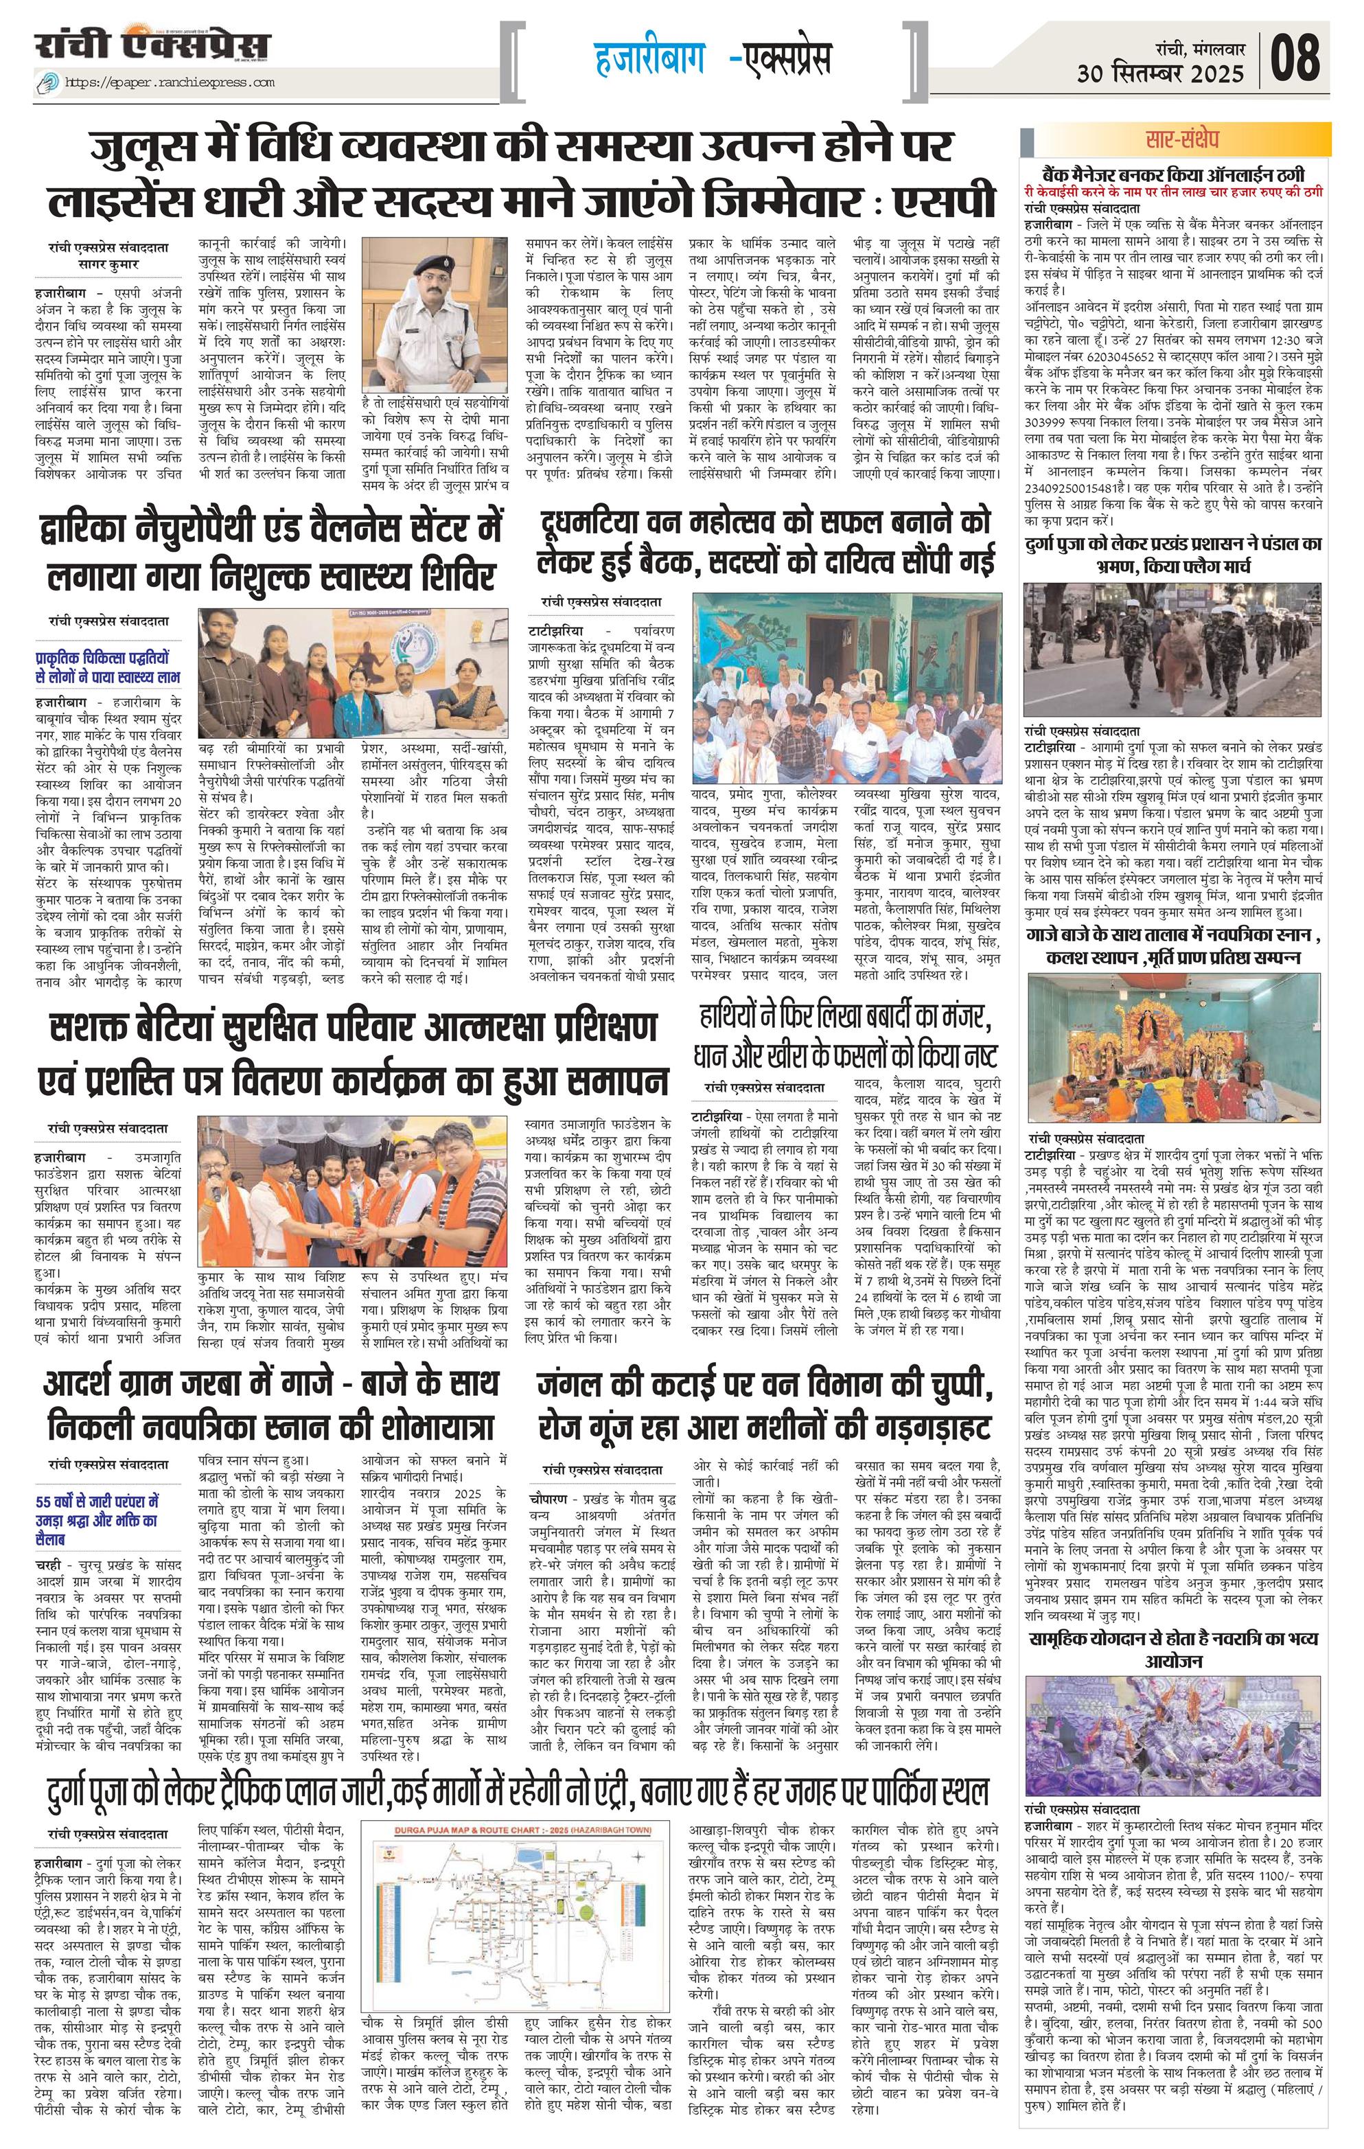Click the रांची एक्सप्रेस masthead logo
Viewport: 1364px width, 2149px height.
[152, 45]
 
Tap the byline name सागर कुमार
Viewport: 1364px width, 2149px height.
[109, 265]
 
